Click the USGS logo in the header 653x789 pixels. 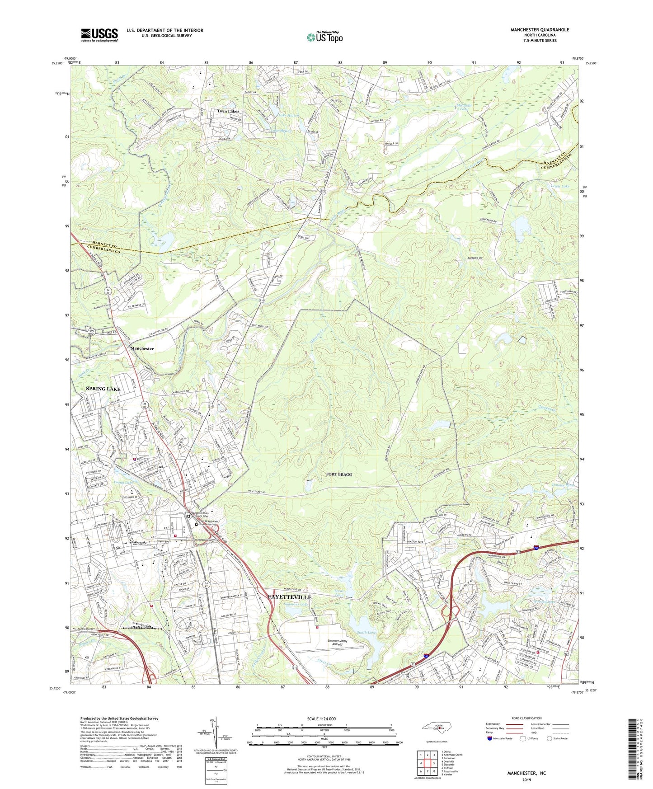[x=99, y=35]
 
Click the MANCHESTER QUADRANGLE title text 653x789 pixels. [x=540, y=30]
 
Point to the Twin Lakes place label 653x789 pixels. [x=228, y=111]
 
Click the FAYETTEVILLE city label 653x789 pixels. [x=290, y=596]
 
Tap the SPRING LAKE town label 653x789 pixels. [x=103, y=389]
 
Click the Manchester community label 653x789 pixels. [x=142, y=348]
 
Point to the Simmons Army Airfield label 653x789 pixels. [x=340, y=643]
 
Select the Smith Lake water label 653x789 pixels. [x=366, y=632]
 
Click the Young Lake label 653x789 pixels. [x=123, y=483]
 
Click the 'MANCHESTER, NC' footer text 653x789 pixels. [x=526, y=773]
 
